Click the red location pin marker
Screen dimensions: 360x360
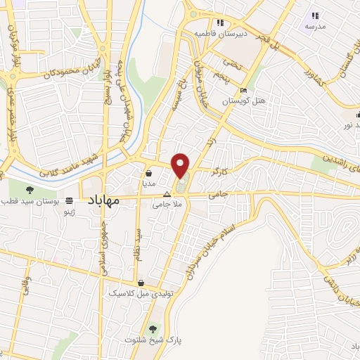click(x=181, y=165)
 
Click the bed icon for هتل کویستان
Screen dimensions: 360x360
click(x=243, y=91)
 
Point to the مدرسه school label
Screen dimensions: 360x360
click(x=314, y=26)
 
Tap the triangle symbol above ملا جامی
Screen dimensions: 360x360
click(x=167, y=194)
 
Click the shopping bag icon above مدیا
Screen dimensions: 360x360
click(x=149, y=172)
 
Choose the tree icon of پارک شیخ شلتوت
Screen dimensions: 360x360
click(x=153, y=329)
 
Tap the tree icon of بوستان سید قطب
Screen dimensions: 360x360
click(x=30, y=189)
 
